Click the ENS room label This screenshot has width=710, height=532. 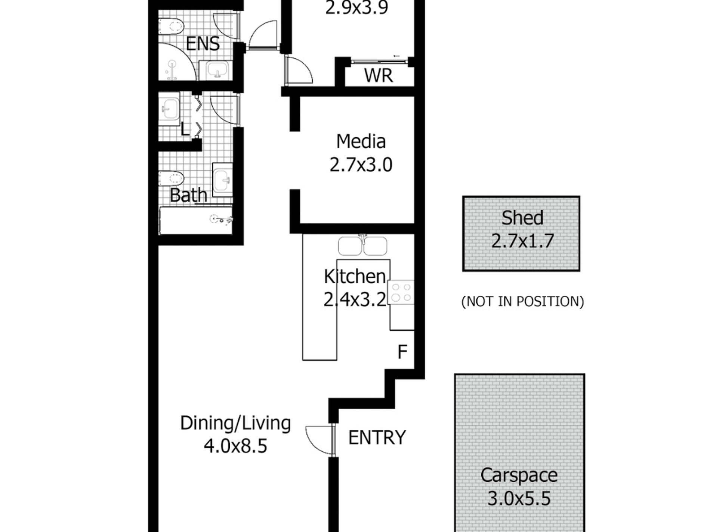pos(203,44)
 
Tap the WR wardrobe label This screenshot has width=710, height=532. pos(379,75)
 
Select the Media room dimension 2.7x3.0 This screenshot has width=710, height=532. pos(361,165)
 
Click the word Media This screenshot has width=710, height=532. pos(361,141)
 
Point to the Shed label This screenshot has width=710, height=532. pos(522,218)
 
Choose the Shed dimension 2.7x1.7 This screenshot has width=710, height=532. pos(522,241)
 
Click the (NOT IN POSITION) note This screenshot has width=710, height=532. pos(522,301)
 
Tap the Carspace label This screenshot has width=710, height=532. pos(519,476)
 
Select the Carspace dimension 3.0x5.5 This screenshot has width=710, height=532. pos(519,498)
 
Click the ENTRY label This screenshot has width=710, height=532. pos(377,438)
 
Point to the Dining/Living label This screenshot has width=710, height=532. pos(235,423)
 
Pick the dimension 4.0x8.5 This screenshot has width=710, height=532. pos(235,445)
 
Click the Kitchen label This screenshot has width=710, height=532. pos(355,276)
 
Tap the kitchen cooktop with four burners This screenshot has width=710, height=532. pos(401,292)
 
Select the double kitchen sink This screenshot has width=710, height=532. pos(362,246)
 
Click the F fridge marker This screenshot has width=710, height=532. pos(402,352)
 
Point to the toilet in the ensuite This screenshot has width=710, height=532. pos(172,26)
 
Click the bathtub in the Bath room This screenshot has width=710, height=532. pos(196,220)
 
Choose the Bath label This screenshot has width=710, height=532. pos(188,195)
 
